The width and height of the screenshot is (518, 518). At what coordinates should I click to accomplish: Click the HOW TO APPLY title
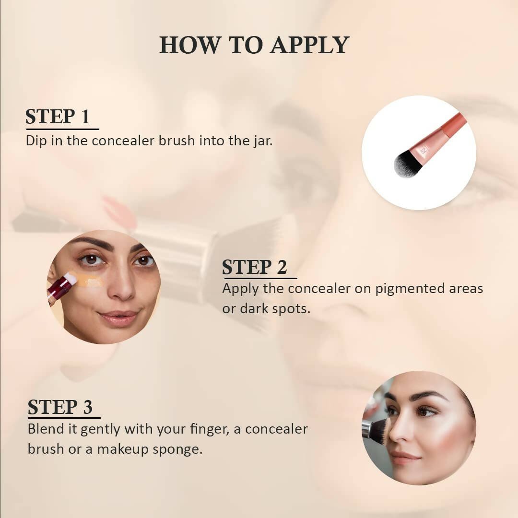254,45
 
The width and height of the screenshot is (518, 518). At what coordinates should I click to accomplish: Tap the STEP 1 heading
58,117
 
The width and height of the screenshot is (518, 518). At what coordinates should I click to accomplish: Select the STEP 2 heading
255,267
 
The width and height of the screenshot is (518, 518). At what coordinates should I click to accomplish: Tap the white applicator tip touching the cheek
71,278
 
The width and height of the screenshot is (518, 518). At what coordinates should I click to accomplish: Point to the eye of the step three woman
427,411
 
